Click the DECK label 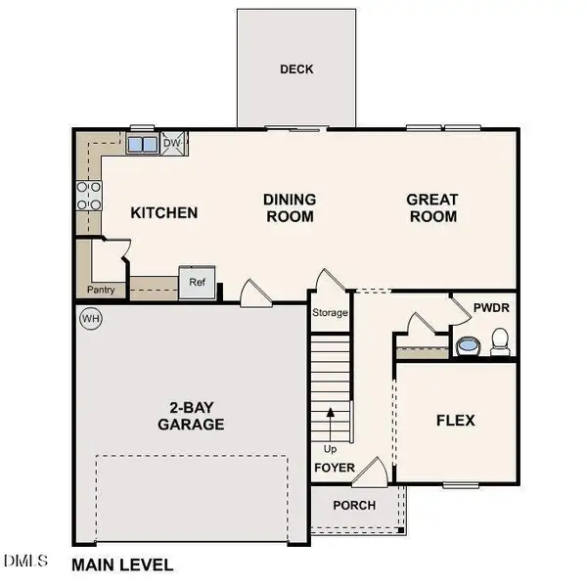[295, 69]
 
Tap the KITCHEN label [164, 213]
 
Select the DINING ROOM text [289, 207]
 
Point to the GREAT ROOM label [431, 207]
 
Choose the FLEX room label [455, 421]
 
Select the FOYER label [334, 468]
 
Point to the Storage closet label [330, 314]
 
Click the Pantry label [101, 290]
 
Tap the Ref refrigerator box [196, 282]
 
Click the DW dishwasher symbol [172, 144]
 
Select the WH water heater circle [91, 319]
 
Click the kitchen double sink [142, 145]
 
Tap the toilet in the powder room [500, 341]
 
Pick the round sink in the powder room [467, 345]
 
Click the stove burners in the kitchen [89, 197]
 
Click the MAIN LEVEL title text [123, 564]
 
